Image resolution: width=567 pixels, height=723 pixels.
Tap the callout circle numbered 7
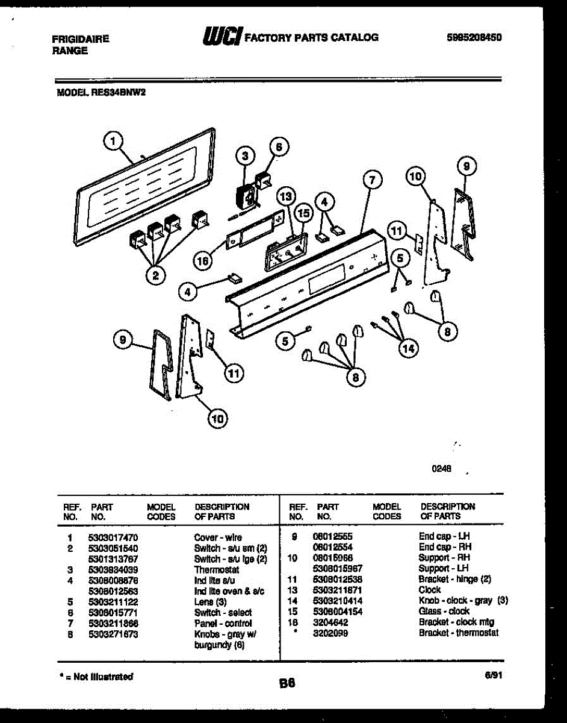(372, 179)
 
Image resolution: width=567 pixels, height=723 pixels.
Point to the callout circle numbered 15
(303, 213)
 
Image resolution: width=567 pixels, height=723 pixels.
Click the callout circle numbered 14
(408, 349)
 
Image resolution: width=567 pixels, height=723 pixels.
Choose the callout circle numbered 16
(203, 261)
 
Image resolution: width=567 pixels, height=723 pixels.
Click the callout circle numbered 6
(277, 147)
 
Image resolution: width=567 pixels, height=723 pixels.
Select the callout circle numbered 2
(155, 276)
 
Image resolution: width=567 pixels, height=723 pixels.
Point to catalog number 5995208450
(474, 37)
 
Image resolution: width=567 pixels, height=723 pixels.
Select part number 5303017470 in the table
(113, 537)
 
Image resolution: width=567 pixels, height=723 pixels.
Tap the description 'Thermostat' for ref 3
(217, 569)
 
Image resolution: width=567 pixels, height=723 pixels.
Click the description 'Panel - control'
(223, 624)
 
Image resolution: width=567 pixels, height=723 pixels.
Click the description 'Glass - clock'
(444, 612)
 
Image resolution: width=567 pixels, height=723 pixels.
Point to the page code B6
(288, 683)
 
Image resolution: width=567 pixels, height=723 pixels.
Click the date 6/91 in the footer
(493, 676)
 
